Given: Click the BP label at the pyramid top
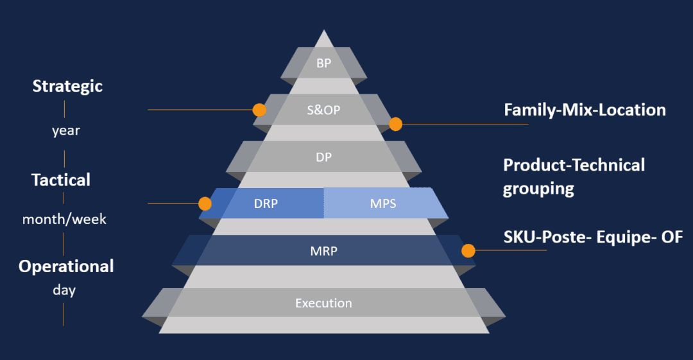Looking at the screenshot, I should pyautogui.click(x=324, y=63).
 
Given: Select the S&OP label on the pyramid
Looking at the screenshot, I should pyautogui.click(x=324, y=110).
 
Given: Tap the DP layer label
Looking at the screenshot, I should pyautogui.click(x=324, y=156).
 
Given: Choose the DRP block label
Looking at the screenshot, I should pyautogui.click(x=266, y=204).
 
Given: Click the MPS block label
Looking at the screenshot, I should pyautogui.click(x=383, y=204).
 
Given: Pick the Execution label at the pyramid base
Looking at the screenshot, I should pyautogui.click(x=323, y=303).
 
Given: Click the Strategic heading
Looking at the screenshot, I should pyautogui.click(x=67, y=86).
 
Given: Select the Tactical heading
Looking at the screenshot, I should pyautogui.click(x=61, y=180).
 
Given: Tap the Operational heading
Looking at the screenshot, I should pyautogui.click(x=66, y=266).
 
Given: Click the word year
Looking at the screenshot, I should pyautogui.click(x=66, y=131).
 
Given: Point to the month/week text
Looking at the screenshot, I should pyautogui.click(x=64, y=219).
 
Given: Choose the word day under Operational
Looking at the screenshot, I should pyautogui.click(x=64, y=290).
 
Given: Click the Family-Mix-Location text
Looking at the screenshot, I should pyautogui.click(x=585, y=110).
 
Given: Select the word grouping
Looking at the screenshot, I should pyautogui.click(x=538, y=189).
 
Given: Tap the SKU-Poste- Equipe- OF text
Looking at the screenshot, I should pyautogui.click(x=593, y=237).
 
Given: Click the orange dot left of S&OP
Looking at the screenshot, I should pyautogui.click(x=259, y=110).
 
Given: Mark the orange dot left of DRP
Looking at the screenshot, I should pyautogui.click(x=205, y=204).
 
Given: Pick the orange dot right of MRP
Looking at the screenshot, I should pyautogui.click(x=468, y=250).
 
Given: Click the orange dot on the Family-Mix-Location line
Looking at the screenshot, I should pyautogui.click(x=395, y=124).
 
